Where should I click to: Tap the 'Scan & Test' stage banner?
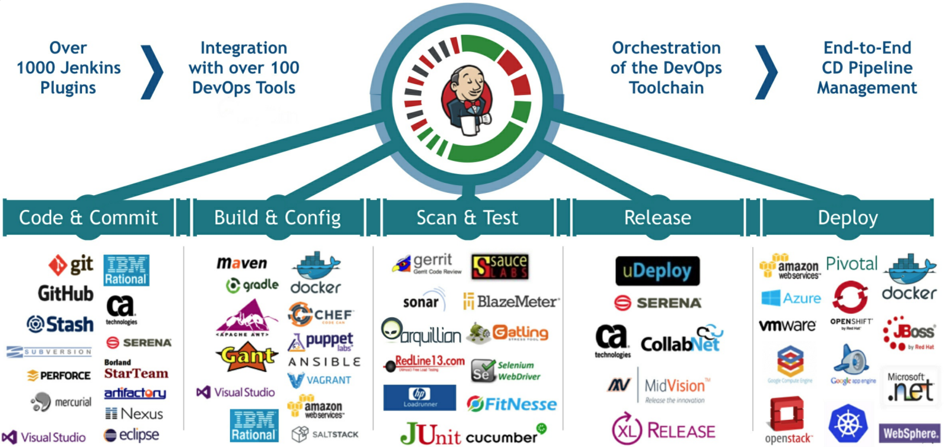467,218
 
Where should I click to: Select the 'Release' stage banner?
657,218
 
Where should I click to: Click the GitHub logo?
65,293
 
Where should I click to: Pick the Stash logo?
60,324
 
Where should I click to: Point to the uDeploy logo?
657,271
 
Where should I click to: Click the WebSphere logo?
909,433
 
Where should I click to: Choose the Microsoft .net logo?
910,387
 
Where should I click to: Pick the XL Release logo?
663,430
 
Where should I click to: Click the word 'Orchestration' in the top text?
666,48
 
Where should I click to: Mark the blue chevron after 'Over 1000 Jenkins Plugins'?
152,72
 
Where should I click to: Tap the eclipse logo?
132,435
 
